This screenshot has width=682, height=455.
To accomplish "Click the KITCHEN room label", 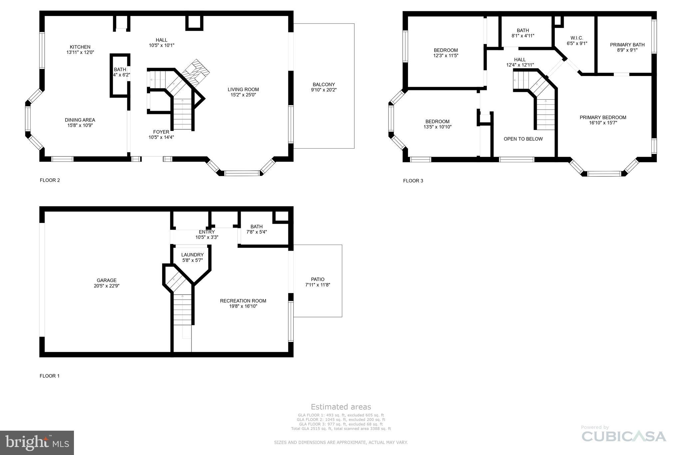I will (80, 47).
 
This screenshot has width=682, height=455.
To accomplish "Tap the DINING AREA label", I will (80, 120).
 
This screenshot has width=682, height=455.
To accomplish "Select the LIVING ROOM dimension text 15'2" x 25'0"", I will (243, 95).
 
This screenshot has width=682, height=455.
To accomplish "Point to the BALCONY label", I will (324, 85).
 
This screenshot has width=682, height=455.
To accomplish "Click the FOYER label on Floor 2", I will (161, 132).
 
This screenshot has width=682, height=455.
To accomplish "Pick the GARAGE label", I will (107, 281).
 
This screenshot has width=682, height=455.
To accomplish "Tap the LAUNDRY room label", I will (192, 255).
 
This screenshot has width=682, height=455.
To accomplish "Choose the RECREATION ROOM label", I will (243, 301).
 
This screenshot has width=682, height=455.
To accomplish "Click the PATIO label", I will (318, 280).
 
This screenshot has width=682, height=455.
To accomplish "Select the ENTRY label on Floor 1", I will (207, 232).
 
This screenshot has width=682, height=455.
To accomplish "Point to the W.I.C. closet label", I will (577, 38).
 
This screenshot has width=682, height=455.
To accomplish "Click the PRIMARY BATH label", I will (627, 45).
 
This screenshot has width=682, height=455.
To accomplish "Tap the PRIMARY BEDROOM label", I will (603, 118).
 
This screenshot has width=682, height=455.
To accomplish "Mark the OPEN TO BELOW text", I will (523, 139).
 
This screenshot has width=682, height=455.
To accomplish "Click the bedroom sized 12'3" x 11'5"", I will (446, 53).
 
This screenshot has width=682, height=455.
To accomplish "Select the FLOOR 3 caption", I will (413, 181).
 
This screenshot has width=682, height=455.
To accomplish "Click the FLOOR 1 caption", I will (50, 376).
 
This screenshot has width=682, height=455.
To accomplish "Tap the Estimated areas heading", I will (341, 407).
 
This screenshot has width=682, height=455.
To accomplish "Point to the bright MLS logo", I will (37, 443).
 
